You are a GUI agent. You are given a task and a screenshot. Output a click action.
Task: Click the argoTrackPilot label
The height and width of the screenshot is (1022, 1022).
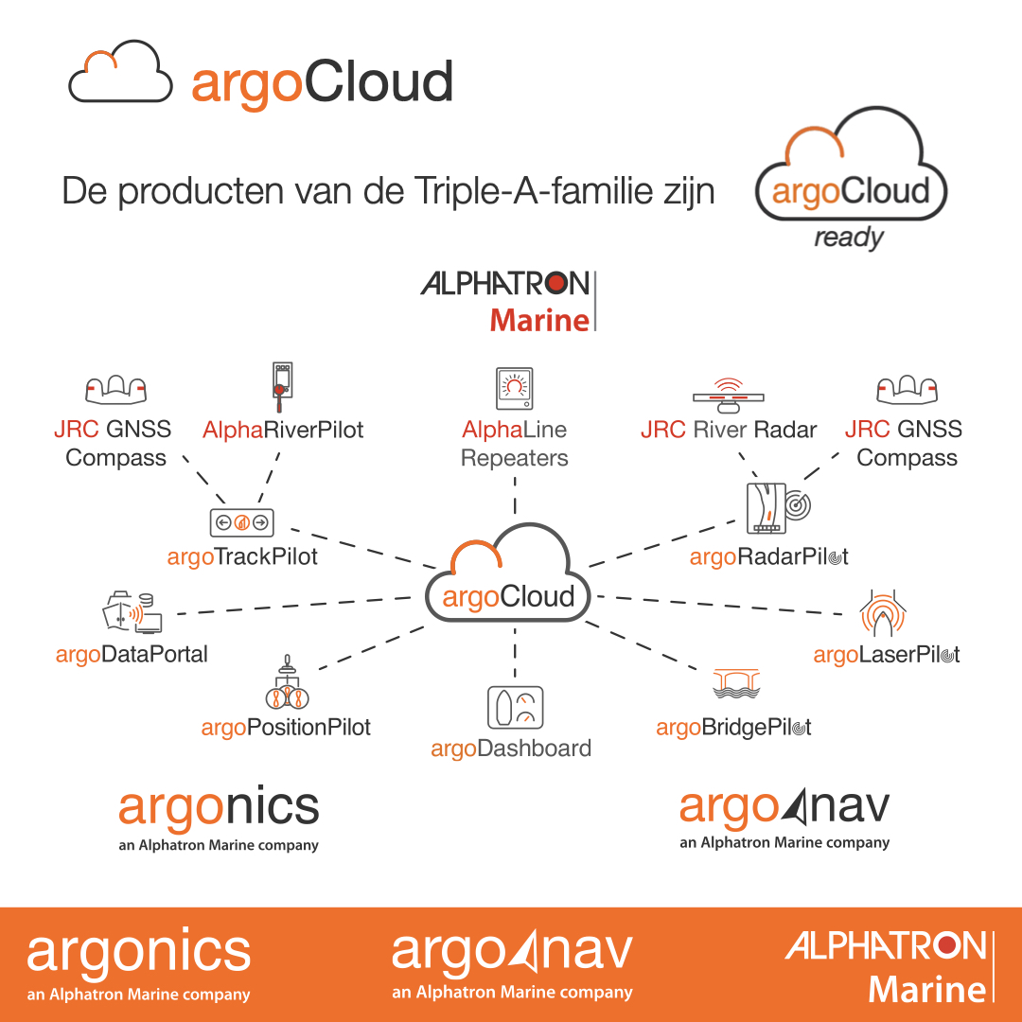[x=242, y=557]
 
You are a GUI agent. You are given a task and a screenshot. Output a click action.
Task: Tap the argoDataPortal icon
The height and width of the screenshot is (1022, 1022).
[x=132, y=612]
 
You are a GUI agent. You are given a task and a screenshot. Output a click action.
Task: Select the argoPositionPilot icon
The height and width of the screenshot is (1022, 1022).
[x=287, y=682]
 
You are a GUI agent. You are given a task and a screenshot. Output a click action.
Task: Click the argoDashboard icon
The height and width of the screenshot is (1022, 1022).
[x=515, y=708]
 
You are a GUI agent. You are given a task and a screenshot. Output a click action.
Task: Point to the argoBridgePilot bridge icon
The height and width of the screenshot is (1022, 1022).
[x=736, y=684]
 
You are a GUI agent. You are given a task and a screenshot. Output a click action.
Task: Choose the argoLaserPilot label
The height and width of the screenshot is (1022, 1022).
[x=887, y=655]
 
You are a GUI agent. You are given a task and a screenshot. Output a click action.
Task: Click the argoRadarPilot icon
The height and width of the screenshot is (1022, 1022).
[x=778, y=508]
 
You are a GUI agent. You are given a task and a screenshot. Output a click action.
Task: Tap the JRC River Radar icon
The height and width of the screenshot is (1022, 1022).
[x=728, y=395]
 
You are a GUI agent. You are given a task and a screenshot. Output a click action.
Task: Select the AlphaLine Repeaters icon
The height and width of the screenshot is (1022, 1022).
[x=514, y=389]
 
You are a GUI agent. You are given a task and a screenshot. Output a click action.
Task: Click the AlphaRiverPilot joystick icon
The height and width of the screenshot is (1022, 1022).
[x=282, y=387]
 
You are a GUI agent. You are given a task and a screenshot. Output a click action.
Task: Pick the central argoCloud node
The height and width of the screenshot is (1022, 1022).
[x=508, y=573]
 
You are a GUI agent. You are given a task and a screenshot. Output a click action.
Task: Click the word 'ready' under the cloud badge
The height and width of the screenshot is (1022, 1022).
[x=849, y=238]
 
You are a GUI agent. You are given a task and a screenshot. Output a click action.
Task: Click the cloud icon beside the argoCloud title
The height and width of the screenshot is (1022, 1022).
[x=120, y=71]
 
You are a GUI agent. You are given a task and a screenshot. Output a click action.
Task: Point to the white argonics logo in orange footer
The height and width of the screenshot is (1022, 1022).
[x=138, y=964]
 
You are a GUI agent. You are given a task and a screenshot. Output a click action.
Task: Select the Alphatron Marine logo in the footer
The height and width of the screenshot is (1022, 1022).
[x=890, y=966]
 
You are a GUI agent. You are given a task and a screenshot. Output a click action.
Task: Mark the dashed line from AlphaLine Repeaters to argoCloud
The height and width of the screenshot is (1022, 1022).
[x=515, y=496]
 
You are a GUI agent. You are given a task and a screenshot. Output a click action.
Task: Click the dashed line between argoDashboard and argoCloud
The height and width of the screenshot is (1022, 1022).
[x=515, y=654]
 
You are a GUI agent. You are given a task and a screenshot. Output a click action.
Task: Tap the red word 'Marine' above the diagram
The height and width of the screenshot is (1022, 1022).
[x=539, y=321]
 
